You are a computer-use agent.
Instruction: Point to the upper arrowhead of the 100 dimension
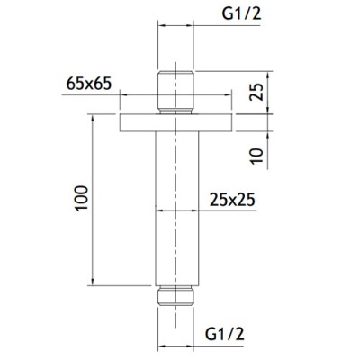pos(94,118)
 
